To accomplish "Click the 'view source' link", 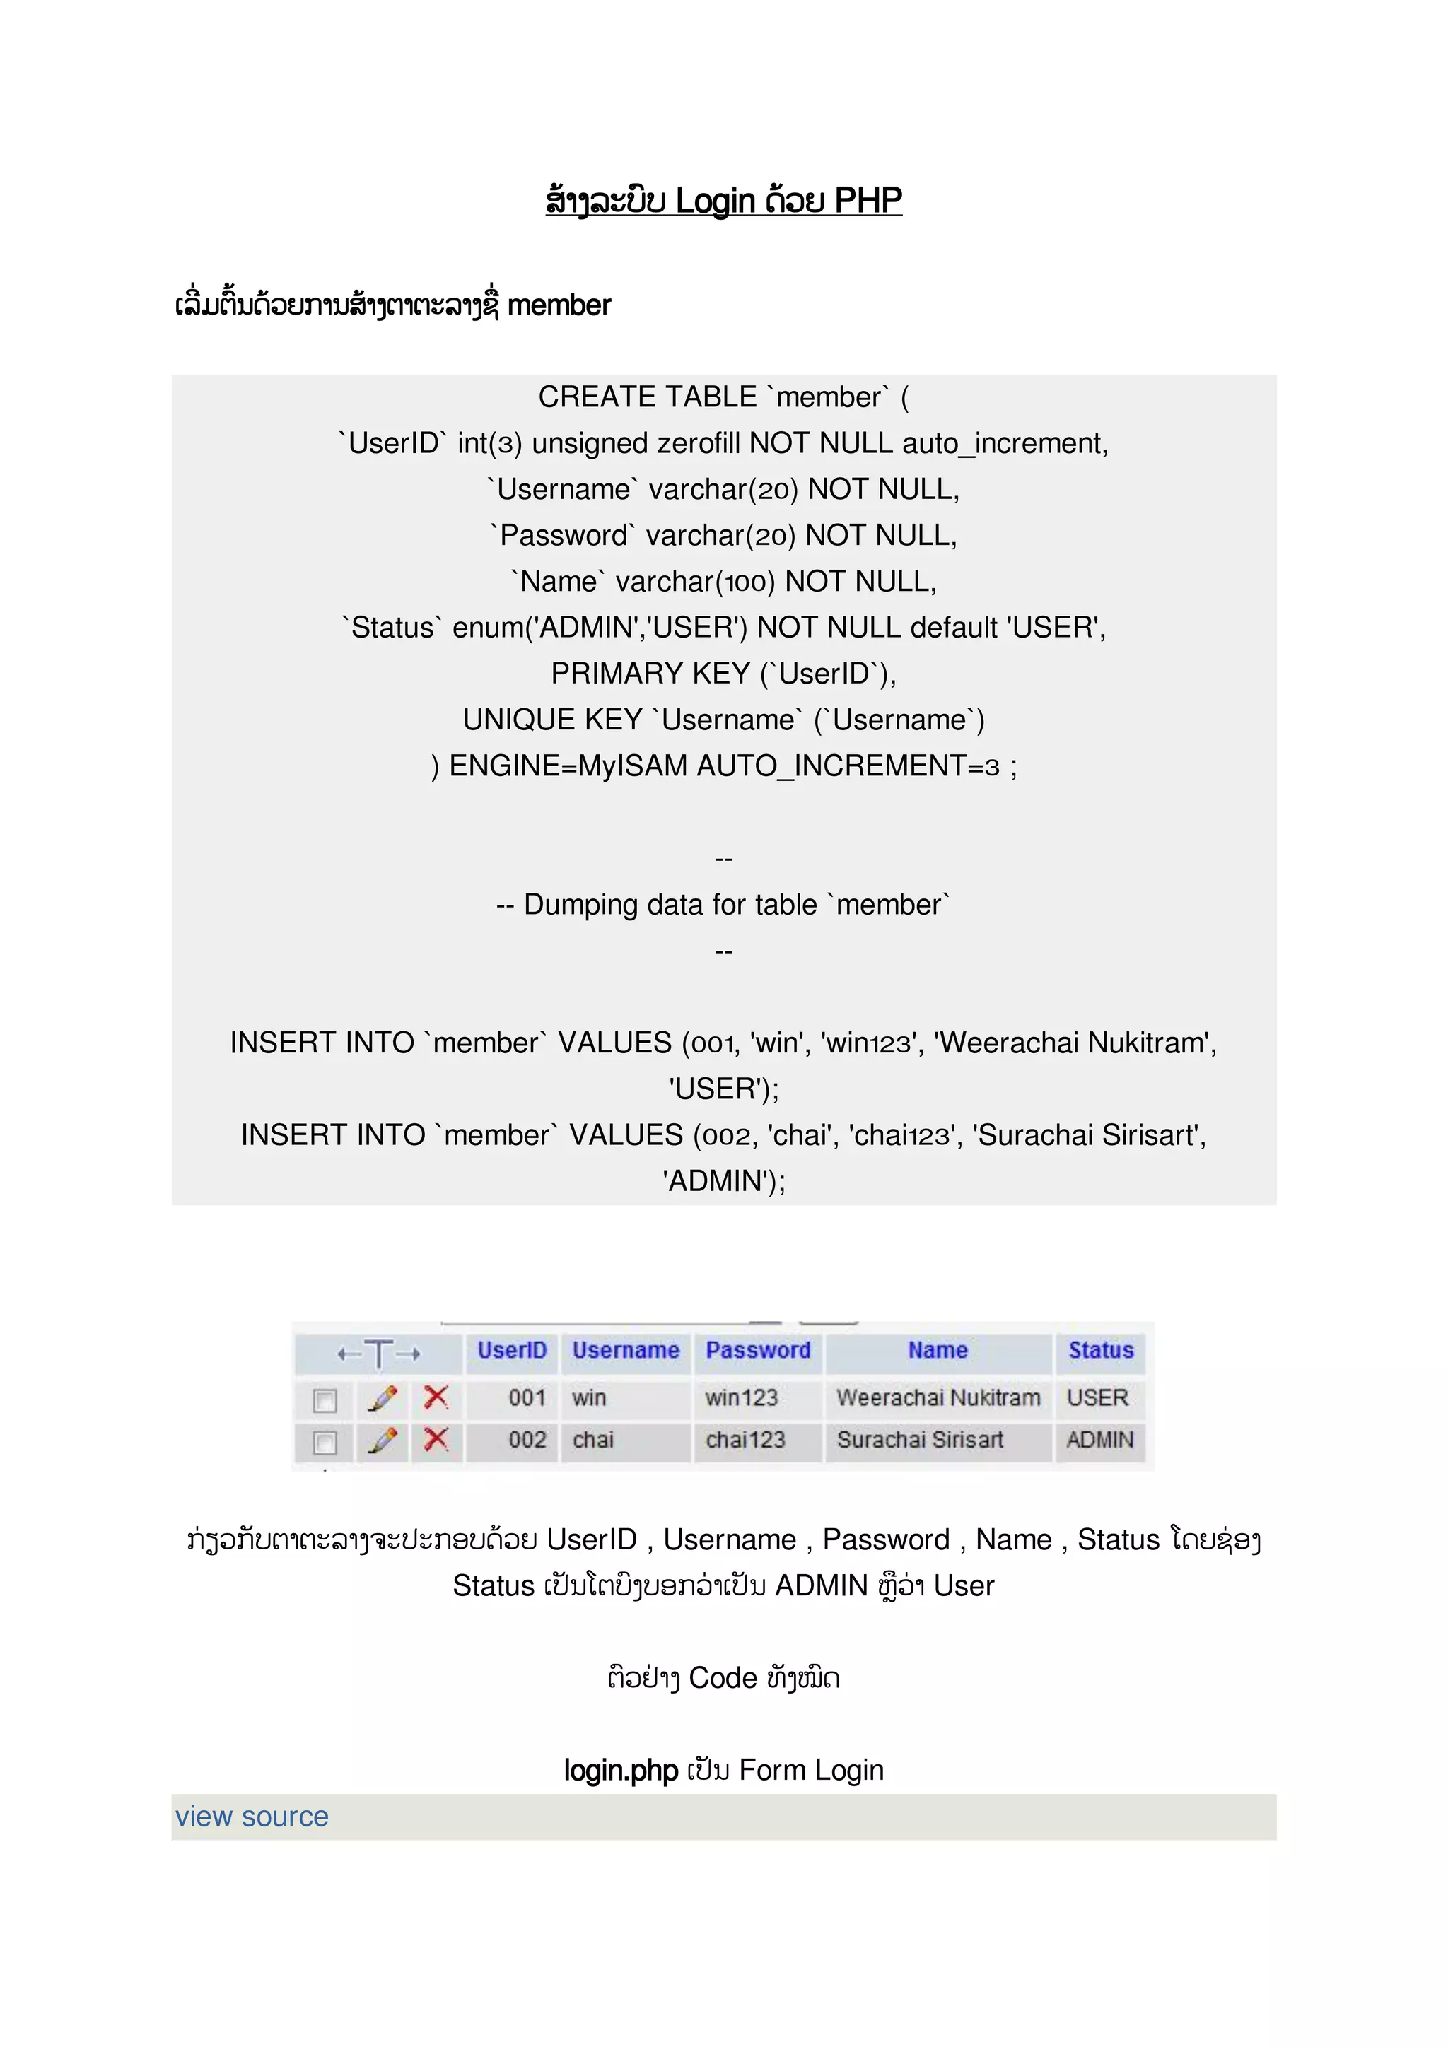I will pos(252,1816).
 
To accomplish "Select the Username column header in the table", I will pos(625,1350).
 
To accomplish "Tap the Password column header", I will pos(758,1350).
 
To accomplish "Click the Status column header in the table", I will pos(1100,1350).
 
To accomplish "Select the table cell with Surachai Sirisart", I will pos(919,1440).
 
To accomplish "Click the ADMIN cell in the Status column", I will pos(1099,1440).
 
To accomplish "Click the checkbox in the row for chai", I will pos(325,1442).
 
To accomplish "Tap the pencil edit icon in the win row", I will pos(383,1398).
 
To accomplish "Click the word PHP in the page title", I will pos(868,201).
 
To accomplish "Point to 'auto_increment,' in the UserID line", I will pos(1005,443).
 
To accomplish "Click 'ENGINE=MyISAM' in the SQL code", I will pos(568,766).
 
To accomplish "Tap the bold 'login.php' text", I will pos(621,1770).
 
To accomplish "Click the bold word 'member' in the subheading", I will pos(559,306).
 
